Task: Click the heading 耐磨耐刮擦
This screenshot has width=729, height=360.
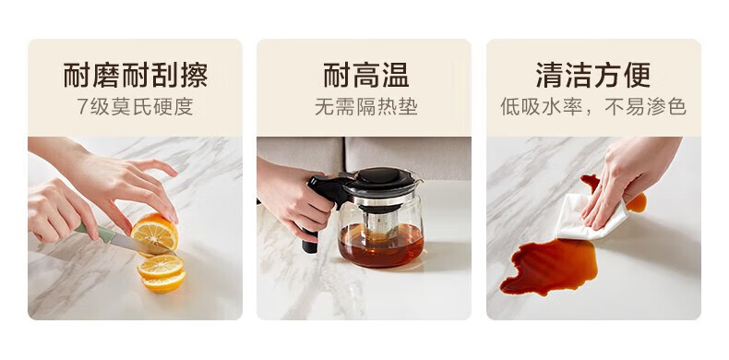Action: (x=135, y=75)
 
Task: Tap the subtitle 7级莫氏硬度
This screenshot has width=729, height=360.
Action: (x=135, y=106)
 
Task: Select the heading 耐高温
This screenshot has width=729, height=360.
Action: (x=366, y=75)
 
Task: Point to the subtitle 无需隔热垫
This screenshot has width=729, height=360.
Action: (x=366, y=106)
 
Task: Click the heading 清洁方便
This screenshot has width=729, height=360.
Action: (x=593, y=75)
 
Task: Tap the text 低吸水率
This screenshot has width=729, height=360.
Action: (x=541, y=106)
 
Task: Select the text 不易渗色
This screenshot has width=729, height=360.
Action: (x=645, y=106)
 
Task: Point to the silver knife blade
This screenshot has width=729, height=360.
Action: (x=135, y=244)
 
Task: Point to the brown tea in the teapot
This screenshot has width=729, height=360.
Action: (x=381, y=246)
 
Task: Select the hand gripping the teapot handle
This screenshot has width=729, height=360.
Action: (x=291, y=198)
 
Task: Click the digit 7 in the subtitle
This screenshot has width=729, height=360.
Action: (x=82, y=107)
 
